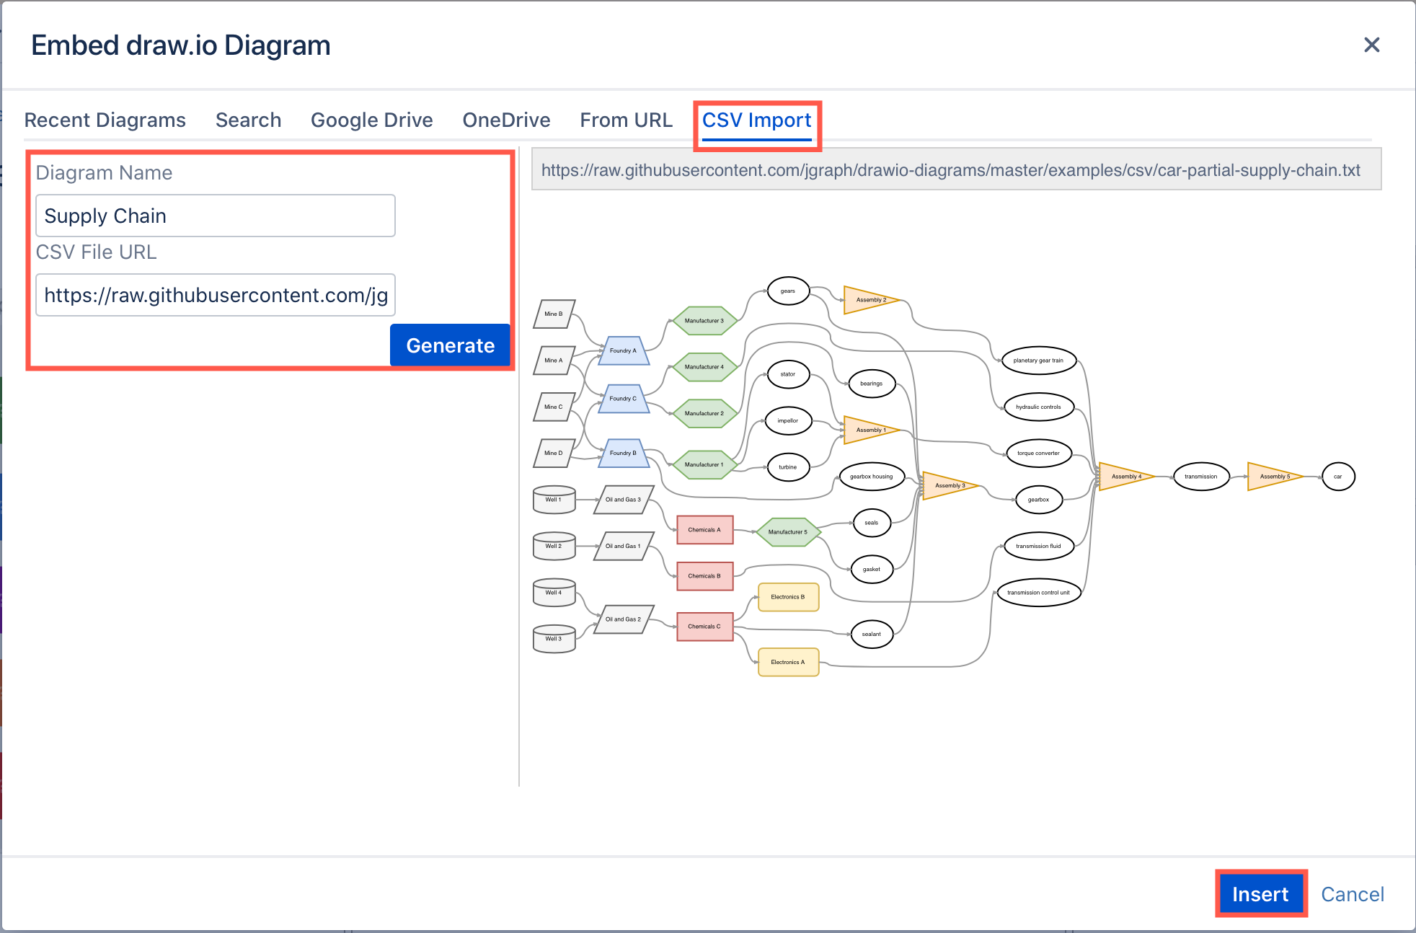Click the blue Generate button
point(450,345)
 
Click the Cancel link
point(1352,894)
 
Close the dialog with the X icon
point(1371,45)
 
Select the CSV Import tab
point(756,120)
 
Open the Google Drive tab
point(371,120)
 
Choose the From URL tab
point(626,120)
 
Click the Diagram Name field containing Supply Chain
point(215,216)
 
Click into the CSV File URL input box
point(215,295)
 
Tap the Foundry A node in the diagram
point(624,351)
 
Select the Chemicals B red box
point(704,576)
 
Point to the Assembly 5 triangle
point(1273,477)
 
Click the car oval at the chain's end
point(1338,477)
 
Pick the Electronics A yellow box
point(788,662)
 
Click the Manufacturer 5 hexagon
point(788,532)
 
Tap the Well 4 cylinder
point(554,593)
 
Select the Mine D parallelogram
point(554,454)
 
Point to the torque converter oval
point(1038,454)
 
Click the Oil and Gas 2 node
point(624,619)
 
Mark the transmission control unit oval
point(1038,593)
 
